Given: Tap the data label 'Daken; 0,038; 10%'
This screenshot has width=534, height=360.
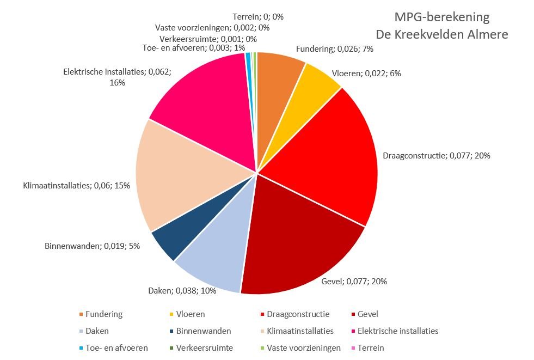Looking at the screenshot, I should tap(182, 290).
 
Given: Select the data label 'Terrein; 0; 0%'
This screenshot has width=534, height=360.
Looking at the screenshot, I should tap(257, 17).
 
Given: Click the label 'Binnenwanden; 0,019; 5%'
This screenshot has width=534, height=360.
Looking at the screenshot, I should tap(92, 246).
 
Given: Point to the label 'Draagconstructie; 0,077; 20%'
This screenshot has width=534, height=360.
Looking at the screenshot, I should tap(437, 155).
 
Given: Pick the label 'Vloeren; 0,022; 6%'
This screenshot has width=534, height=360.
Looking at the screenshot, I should tap(366, 72).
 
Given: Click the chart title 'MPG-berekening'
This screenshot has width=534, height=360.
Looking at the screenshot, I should tap(442, 17).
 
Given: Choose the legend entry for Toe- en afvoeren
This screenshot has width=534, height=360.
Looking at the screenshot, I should tap(116, 347).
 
